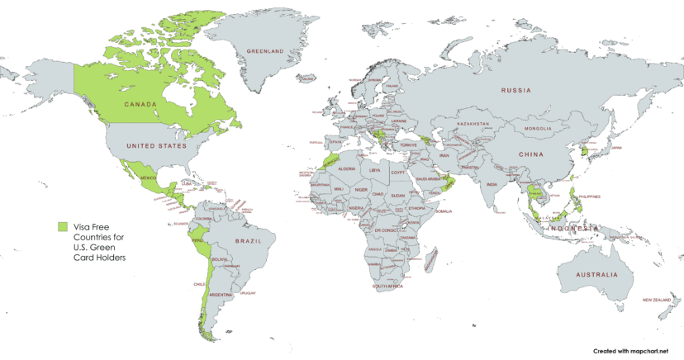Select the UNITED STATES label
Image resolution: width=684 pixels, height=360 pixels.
[x=151, y=145]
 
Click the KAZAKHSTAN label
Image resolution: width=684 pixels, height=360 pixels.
[x=473, y=124]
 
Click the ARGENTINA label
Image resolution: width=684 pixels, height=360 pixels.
[x=221, y=294]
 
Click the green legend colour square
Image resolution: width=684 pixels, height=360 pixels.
[x=62, y=225]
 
